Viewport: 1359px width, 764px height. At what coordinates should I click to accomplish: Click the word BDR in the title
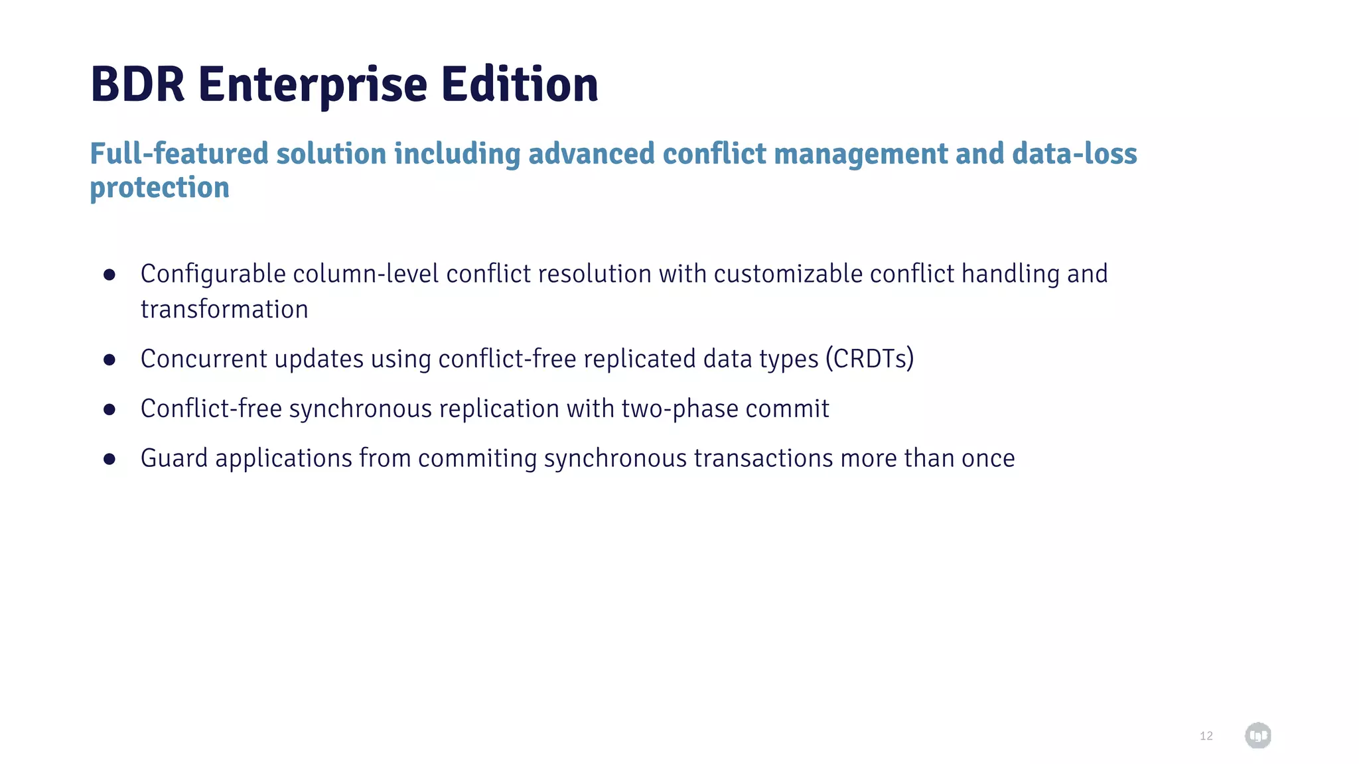137,85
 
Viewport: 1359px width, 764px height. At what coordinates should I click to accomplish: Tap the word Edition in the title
520,85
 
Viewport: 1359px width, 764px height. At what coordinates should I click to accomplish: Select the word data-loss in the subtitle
1074,154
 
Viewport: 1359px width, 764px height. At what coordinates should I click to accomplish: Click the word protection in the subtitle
160,188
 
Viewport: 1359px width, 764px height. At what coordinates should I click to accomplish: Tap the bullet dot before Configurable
109,275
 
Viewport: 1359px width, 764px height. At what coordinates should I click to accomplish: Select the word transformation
224,310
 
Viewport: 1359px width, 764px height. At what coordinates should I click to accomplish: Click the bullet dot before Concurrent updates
109,359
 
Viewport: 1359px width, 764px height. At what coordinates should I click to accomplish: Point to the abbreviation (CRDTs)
870,359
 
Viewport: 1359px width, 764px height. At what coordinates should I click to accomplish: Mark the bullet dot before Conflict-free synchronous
109,410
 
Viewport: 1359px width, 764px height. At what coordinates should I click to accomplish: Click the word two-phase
679,409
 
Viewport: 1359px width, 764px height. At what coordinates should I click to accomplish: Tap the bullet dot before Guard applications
109,459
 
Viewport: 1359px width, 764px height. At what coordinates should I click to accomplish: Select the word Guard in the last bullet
174,458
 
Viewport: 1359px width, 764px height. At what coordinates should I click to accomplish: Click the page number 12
1206,736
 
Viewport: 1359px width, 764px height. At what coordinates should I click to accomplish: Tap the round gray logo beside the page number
1257,735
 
